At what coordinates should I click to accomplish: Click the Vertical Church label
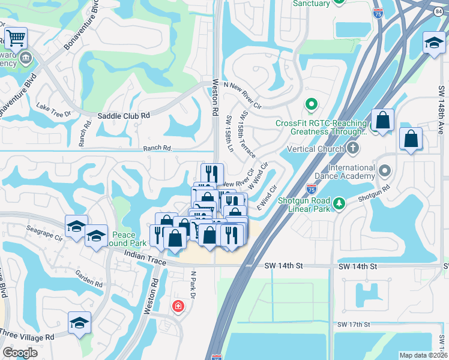click(x=316, y=149)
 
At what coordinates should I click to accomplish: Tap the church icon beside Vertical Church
click(x=354, y=148)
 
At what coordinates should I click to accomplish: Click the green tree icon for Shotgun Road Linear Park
click(x=339, y=203)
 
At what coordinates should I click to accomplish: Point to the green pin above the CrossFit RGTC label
click(x=311, y=106)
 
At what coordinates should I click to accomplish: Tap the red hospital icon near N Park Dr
click(x=178, y=307)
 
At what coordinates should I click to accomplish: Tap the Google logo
click(x=20, y=353)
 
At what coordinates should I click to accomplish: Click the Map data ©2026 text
click(x=423, y=355)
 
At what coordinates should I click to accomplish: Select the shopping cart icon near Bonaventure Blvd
click(x=16, y=38)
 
